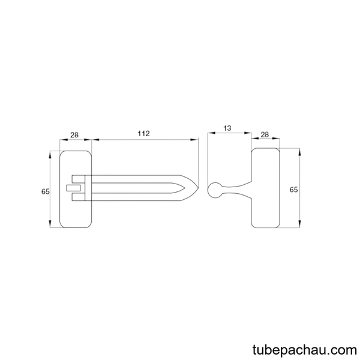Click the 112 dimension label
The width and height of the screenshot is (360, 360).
(143, 133)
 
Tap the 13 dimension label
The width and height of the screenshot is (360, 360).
(227, 128)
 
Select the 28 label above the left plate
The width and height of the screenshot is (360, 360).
(74, 135)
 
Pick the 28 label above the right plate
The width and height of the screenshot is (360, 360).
(265, 134)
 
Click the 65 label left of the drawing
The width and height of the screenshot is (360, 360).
(45, 191)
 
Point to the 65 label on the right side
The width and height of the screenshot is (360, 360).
(293, 190)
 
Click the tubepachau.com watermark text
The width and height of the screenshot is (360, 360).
(305, 350)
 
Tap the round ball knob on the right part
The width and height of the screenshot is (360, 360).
(214, 190)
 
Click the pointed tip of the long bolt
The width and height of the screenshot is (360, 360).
(198, 188)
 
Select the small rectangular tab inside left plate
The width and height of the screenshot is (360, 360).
(73, 188)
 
